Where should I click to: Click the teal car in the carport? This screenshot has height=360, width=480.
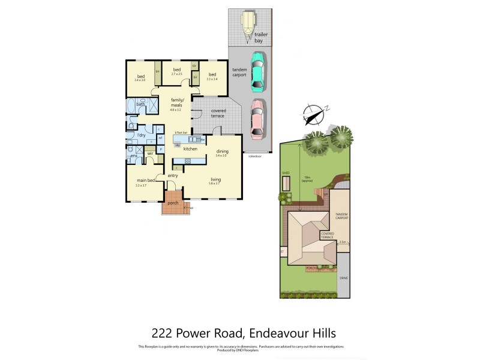point(257,70)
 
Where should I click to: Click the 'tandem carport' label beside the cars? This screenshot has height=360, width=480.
point(240,71)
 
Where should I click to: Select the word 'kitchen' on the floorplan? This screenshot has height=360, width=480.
point(191,148)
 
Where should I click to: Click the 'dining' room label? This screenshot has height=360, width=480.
point(222,151)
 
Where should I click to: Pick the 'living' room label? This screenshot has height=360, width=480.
point(215,179)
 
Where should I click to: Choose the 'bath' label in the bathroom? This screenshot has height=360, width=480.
point(140,104)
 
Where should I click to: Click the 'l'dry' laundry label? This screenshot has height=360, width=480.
point(142,135)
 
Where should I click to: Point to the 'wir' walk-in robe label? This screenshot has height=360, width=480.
point(151,154)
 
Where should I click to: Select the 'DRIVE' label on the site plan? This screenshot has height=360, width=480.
point(344,278)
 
